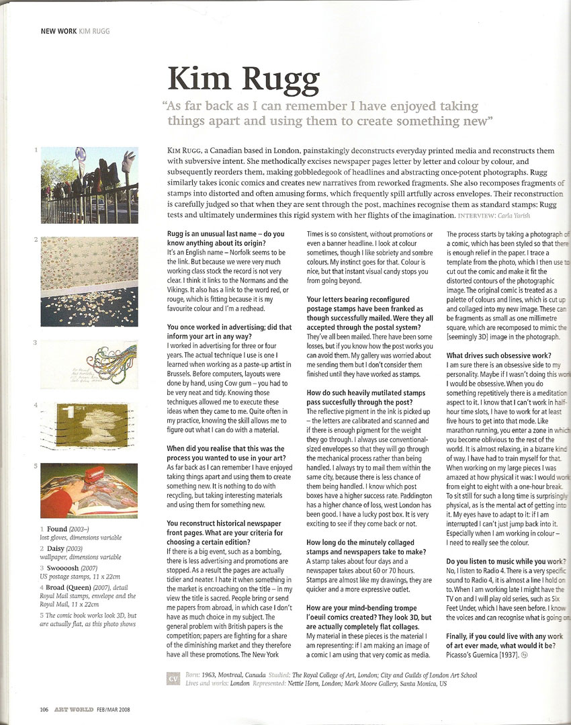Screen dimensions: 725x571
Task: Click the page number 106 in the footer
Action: click(44, 708)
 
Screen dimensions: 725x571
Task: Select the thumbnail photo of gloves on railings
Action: click(89, 184)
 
